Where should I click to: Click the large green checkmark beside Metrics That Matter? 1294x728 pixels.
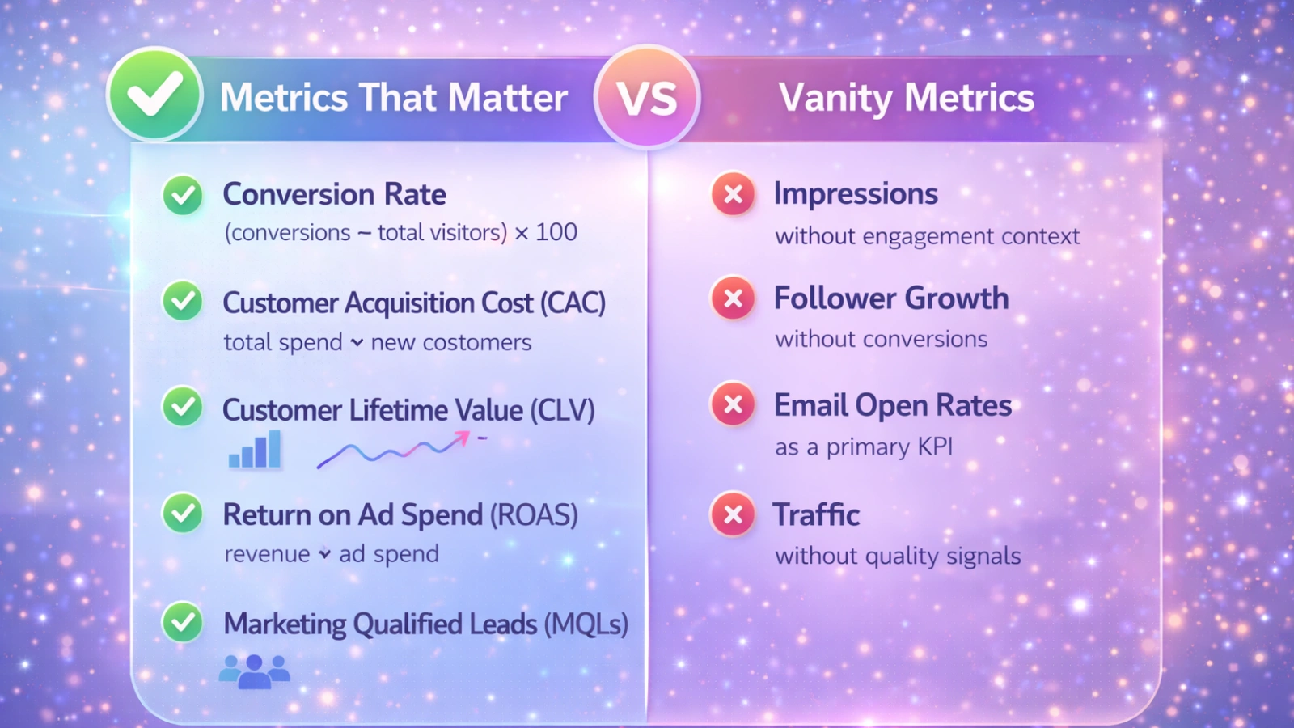154,95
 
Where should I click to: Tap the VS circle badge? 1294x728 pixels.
647,98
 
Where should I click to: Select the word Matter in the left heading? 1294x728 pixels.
508,98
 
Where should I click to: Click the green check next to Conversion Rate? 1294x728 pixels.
183,195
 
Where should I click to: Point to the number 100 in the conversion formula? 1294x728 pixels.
556,233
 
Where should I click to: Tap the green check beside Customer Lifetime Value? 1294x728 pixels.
183,406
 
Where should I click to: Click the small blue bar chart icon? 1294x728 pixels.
255,451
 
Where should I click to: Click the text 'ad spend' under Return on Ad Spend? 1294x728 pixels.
388,554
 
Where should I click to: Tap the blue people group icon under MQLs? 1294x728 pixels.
255,671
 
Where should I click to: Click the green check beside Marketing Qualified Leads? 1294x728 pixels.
183,622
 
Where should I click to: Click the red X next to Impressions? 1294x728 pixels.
734,194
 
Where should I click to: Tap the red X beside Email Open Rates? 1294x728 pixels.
734,404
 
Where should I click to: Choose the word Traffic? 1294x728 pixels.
816,514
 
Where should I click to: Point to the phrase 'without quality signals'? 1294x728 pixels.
898,557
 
